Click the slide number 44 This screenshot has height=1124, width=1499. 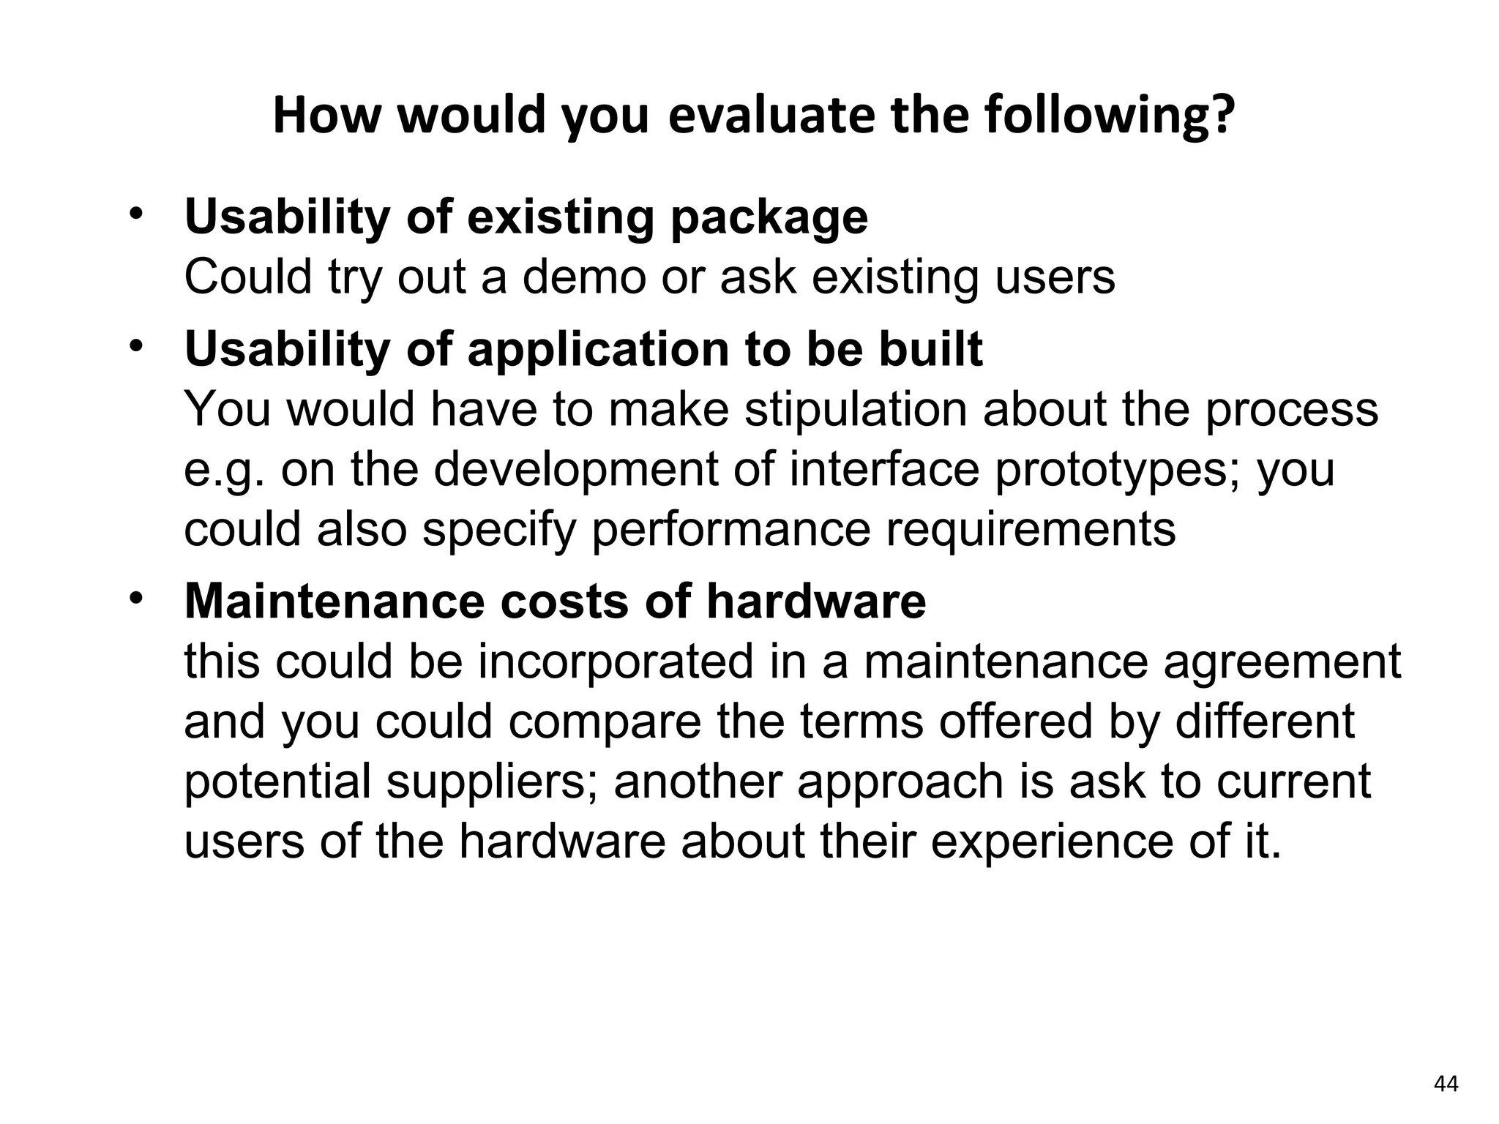pos(1446,1084)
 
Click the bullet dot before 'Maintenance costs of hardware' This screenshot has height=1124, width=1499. pos(135,600)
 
